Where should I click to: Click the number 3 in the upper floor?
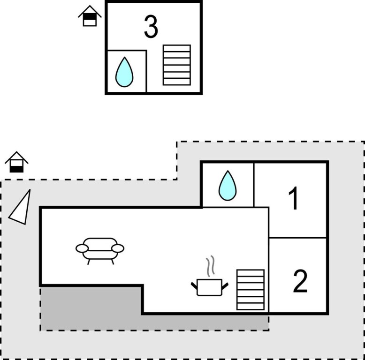151,27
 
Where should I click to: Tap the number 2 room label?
300,281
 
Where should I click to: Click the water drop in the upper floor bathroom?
124,72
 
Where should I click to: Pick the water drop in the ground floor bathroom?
228,186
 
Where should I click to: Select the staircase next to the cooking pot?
250,289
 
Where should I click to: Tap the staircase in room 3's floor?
176,65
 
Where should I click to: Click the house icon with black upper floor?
90,16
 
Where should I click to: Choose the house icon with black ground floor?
16,163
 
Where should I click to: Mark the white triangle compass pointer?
21,208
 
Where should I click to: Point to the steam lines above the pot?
212,266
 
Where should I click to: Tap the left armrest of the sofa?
82,248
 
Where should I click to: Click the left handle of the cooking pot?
195,284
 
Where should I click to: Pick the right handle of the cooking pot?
225,285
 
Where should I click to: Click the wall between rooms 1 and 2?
298,238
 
